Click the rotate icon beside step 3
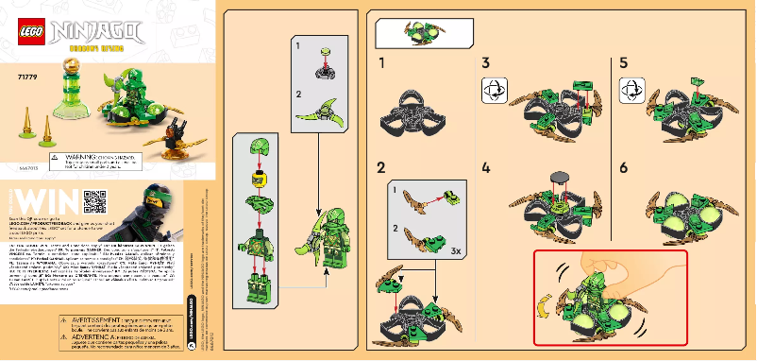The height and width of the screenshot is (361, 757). pyautogui.click(x=494, y=91)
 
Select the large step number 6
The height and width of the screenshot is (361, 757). pyautogui.click(x=623, y=169)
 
